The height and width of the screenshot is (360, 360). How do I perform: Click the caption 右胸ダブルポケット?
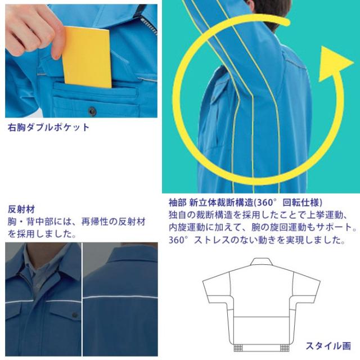tap(48, 127)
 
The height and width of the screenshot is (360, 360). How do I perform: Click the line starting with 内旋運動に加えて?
tap(262, 228)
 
